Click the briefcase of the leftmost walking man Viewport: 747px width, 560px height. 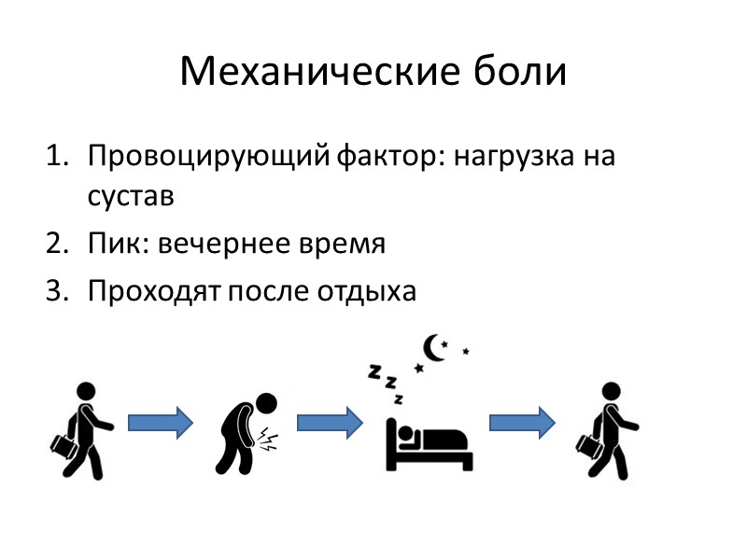pyautogui.click(x=64, y=445)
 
